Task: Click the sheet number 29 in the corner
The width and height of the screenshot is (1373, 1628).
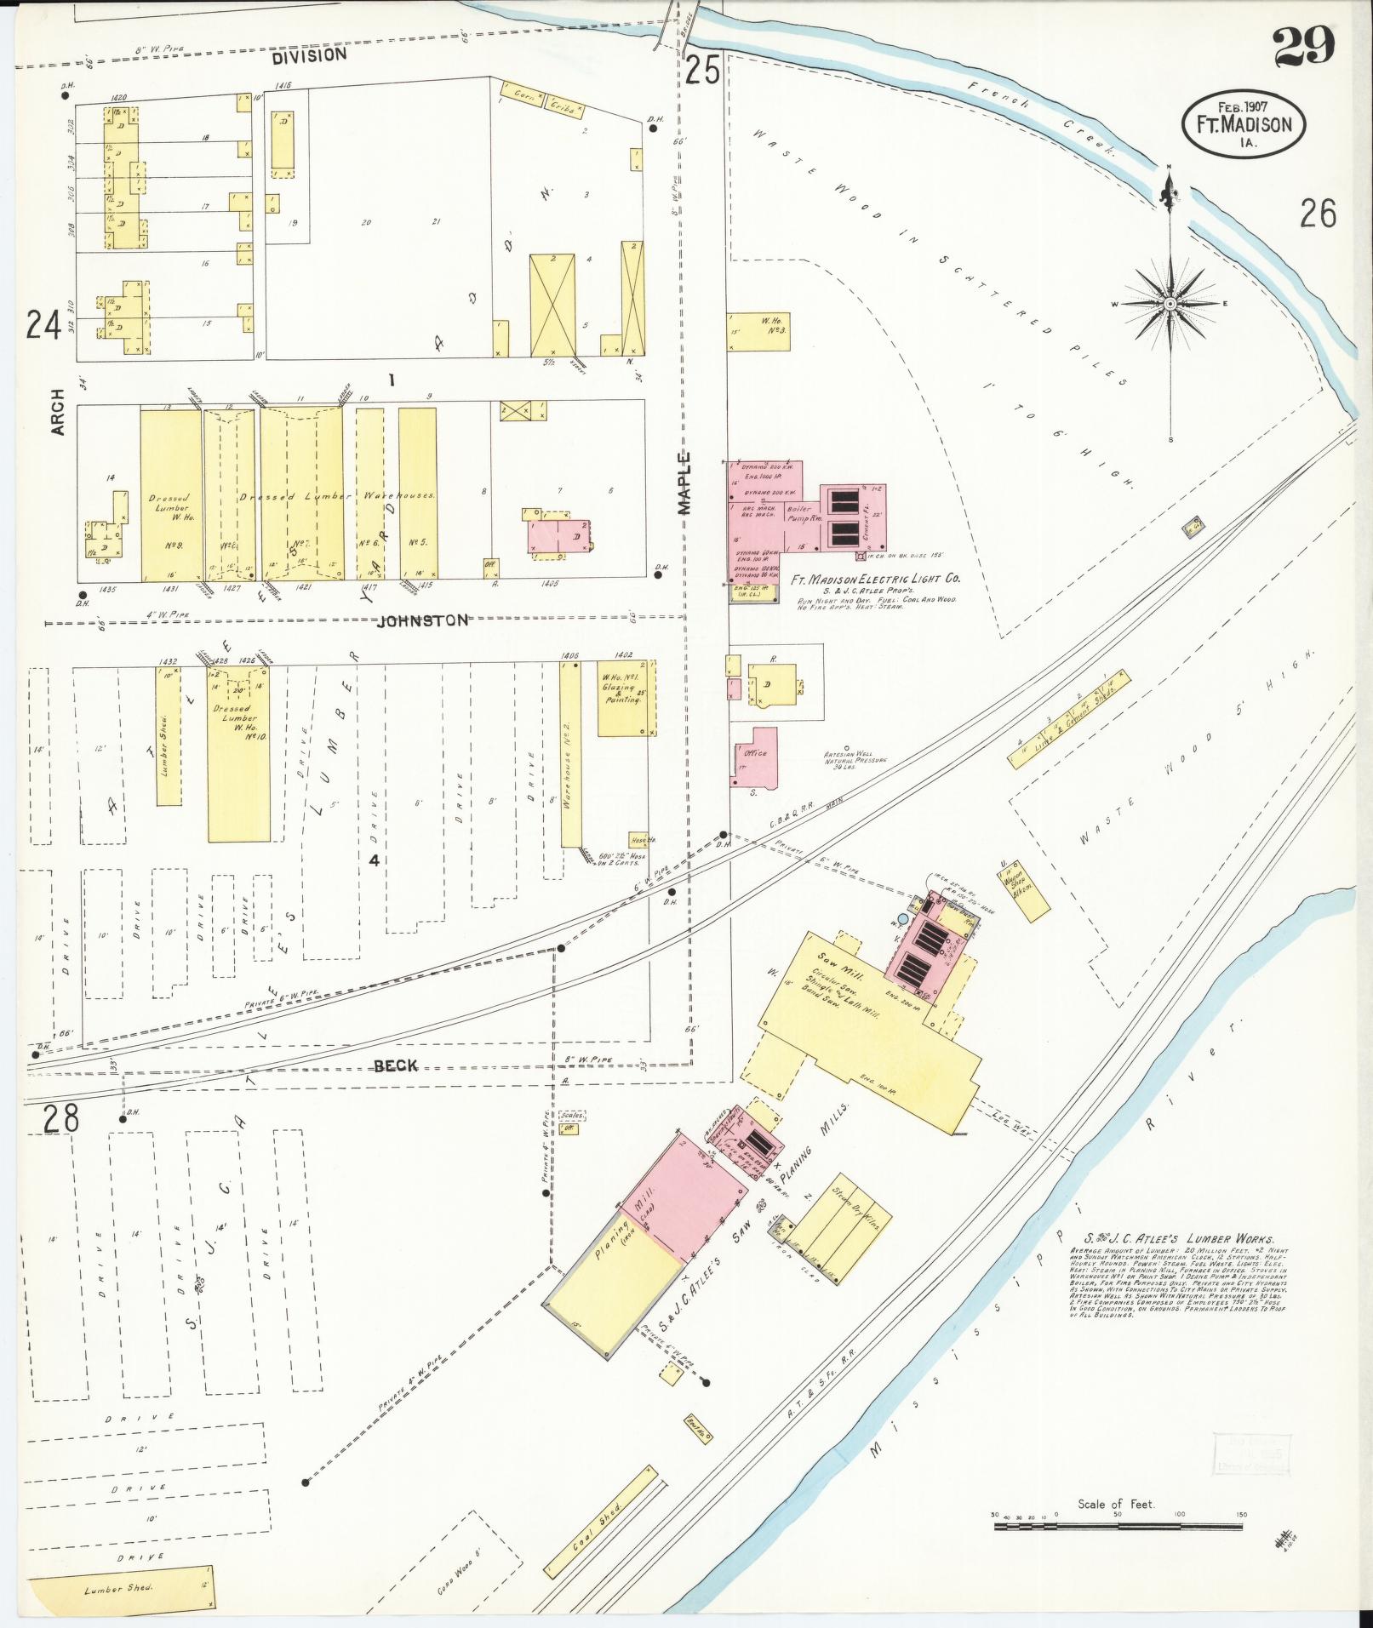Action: (1304, 47)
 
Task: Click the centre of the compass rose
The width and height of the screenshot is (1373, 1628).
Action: (1170, 304)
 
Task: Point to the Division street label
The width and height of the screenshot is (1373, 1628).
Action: (310, 54)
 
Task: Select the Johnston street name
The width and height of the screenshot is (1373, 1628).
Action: (423, 620)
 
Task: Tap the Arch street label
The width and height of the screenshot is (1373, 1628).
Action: (58, 412)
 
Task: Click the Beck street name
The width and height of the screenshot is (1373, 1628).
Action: (396, 1065)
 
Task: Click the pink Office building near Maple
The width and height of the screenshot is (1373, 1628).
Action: (756, 756)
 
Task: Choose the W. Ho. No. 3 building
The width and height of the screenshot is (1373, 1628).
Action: (758, 330)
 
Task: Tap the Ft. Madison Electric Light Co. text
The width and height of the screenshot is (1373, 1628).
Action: (875, 578)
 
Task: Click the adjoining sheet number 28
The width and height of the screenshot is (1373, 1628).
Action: (61, 1117)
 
